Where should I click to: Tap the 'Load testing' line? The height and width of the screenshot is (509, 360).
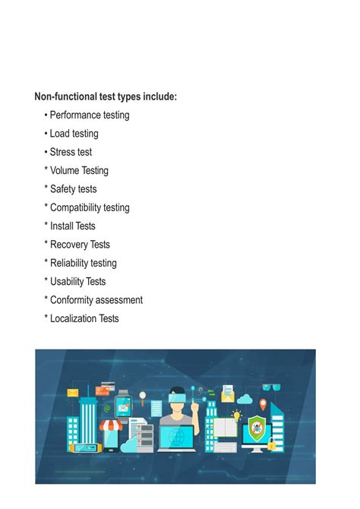(74, 134)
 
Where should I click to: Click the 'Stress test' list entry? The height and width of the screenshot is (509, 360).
(71, 152)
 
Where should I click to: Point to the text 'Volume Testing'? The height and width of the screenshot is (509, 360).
(79, 171)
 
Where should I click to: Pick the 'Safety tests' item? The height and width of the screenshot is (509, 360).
(73, 189)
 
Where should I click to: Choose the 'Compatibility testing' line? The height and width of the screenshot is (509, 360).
(90, 207)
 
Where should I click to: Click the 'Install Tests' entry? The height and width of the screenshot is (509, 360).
(72, 226)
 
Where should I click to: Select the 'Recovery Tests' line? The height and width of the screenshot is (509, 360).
(80, 245)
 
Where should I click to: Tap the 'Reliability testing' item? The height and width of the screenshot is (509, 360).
(83, 263)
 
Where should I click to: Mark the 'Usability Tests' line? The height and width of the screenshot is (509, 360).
(77, 282)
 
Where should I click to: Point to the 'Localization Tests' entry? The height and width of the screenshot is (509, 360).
(84, 319)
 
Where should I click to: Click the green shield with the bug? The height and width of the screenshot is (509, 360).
(257, 429)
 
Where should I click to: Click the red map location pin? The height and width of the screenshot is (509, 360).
(264, 403)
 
